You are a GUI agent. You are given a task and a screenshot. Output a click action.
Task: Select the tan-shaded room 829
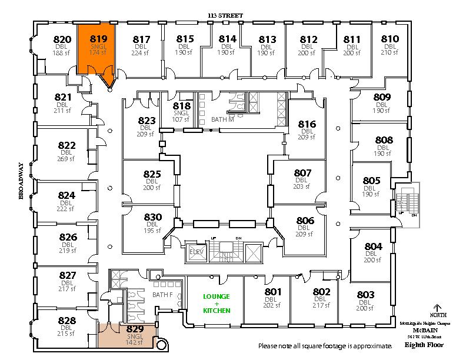point(135,335)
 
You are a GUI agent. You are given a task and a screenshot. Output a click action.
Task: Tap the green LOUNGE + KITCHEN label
point(216,303)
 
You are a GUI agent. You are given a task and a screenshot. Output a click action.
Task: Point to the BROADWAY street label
point(21,182)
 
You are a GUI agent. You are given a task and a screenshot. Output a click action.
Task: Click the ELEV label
point(195,252)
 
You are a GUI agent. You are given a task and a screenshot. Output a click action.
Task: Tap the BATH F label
point(162,294)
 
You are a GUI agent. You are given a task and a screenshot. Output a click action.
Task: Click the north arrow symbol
point(437,308)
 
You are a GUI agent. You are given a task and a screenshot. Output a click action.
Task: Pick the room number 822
point(66,145)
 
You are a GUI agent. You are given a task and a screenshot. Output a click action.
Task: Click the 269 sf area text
point(66,159)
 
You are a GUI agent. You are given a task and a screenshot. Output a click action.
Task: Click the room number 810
point(390,39)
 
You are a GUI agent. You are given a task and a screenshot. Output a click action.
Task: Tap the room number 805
point(372,181)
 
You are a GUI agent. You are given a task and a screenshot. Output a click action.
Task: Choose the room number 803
point(365,294)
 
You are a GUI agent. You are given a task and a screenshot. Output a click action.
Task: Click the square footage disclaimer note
point(325,345)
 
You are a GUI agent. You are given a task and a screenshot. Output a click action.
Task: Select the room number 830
point(152,216)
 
